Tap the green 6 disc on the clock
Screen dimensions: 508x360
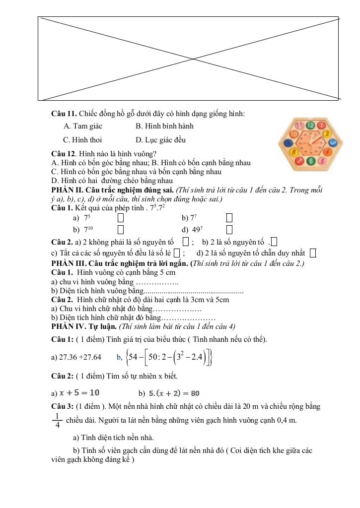pyautogui.click(x=311, y=161)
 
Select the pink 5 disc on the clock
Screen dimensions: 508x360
pyautogui.click(x=322, y=160)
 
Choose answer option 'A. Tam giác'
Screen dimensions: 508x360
pyautogui.click(x=83, y=126)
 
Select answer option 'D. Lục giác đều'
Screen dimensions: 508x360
pyautogui.click(x=160, y=140)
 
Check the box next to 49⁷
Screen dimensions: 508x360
pyautogui.click(x=229, y=229)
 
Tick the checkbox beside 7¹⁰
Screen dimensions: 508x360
pyautogui.click(x=121, y=229)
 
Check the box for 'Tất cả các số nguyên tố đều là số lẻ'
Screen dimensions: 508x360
pyautogui.click(x=177, y=254)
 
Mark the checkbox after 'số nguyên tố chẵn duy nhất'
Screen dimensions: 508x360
pyautogui.click(x=313, y=254)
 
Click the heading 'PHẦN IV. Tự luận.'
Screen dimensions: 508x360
pyautogui.click(x=82, y=326)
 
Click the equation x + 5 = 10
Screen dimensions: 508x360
pyautogui.click(x=79, y=393)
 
